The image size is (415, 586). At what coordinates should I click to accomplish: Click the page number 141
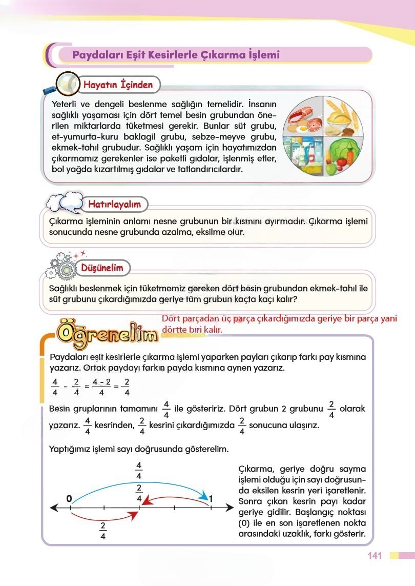[x=375, y=556]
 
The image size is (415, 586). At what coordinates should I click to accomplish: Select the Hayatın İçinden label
[x=118, y=85]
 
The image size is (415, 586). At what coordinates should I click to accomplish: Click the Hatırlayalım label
[x=114, y=205]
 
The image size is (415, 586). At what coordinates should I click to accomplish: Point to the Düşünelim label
[x=102, y=268]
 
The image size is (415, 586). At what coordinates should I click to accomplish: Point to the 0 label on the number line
[x=69, y=498]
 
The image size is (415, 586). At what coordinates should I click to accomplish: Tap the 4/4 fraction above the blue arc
[x=139, y=471]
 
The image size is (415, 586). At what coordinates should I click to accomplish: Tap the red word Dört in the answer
[x=171, y=318]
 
